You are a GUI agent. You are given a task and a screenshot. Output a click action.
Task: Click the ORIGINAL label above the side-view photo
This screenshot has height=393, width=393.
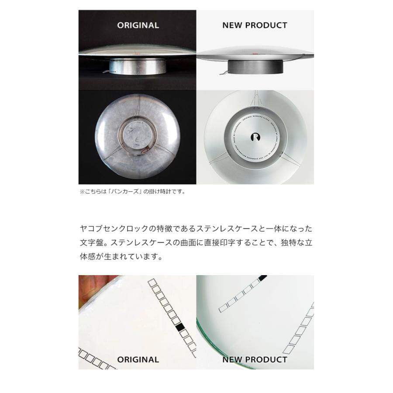pos(138,25)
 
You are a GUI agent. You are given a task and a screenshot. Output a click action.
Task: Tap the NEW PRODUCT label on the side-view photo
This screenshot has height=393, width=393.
pos(255,25)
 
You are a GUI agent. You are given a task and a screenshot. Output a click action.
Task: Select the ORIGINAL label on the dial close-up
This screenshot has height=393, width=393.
pos(138,360)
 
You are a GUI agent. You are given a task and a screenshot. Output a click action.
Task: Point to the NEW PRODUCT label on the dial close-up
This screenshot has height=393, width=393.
pos(255,360)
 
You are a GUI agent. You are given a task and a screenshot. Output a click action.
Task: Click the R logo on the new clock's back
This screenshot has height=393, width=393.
pos(255,137)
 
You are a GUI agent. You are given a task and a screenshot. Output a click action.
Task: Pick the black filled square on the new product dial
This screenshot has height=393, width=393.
pos(262,278)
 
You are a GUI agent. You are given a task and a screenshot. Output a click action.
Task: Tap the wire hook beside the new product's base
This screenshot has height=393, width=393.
pos(223,72)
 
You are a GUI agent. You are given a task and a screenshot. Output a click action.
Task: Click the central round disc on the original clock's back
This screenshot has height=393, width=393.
pos(137,137)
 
